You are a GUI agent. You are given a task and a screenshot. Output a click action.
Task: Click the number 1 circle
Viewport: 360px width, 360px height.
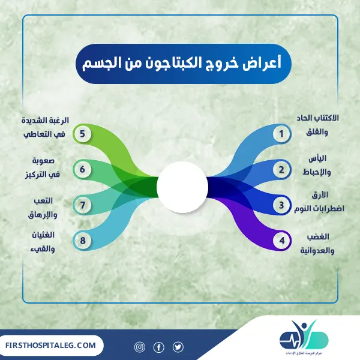click(280, 134)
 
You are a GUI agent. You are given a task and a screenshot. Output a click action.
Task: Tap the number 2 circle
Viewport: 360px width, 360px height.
click(280, 170)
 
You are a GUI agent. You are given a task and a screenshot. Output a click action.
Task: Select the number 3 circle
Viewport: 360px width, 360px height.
click(280, 205)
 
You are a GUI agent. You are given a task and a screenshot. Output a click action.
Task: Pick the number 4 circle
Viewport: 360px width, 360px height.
click(280, 241)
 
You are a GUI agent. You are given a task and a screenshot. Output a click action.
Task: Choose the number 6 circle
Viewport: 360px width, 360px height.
click(82, 170)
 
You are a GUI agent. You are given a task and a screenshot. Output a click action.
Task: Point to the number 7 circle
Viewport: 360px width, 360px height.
click(82, 205)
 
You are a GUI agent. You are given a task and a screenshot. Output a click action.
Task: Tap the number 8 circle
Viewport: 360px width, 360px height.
click(82, 241)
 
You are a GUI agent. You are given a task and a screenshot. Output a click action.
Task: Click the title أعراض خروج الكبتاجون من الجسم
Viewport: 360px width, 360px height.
click(181, 63)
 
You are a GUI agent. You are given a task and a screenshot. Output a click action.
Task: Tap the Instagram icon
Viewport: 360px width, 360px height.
click(139, 347)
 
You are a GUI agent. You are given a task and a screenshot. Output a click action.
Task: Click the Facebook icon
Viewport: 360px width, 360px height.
click(158, 347)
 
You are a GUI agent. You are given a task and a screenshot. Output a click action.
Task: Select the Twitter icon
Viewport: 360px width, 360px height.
click(178, 347)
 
